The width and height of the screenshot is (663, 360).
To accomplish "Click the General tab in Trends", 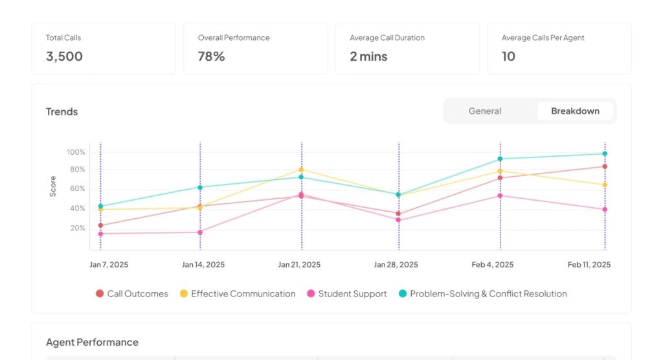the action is [x=484, y=111].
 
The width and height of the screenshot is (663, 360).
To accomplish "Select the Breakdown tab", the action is [x=575, y=111].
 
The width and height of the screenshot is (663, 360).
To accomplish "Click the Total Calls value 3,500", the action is [x=64, y=56].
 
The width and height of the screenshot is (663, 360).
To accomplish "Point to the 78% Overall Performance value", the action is [x=212, y=56].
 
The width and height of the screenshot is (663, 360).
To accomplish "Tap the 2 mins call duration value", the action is [x=368, y=56].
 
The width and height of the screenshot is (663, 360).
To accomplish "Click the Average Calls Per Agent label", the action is [x=543, y=38].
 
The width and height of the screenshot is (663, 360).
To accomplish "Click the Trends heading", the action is [x=62, y=111].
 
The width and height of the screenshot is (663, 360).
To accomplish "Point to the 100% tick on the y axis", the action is [x=76, y=152].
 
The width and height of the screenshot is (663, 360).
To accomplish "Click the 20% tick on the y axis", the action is [x=78, y=228].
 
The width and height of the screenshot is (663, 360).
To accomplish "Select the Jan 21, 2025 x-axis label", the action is [x=299, y=265].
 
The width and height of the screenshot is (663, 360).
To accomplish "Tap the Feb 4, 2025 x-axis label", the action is [x=493, y=265].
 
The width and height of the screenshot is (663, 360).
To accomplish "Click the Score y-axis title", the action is [x=53, y=186].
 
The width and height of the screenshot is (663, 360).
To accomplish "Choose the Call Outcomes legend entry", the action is [x=132, y=293].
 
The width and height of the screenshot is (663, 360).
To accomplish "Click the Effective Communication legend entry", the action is [x=238, y=293].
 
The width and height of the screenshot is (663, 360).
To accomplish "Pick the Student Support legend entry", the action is [x=347, y=293].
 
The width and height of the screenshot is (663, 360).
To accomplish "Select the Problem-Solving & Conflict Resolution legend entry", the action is [x=483, y=293].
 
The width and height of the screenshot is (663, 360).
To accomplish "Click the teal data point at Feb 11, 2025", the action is [x=605, y=153].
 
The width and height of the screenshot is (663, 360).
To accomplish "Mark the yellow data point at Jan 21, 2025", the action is [x=301, y=170].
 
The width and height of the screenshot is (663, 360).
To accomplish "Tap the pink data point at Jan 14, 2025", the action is [x=200, y=232].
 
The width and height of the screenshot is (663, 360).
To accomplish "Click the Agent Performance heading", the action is [x=92, y=343].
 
